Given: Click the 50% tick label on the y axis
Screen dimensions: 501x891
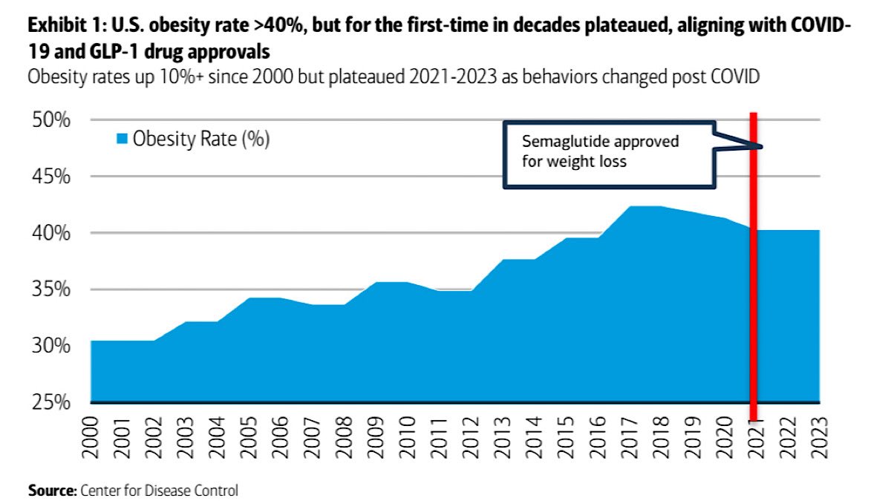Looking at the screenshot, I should (51, 120).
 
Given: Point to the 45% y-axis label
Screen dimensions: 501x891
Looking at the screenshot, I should (51, 177).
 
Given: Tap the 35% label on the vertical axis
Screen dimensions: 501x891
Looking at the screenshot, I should (51, 289).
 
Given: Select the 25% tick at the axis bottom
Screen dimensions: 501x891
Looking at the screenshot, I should (51, 402).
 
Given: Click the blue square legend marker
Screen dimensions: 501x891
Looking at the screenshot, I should (123, 139).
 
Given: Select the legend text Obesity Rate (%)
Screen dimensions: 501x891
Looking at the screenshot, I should (200, 139).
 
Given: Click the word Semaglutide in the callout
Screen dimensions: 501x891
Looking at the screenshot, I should (559, 142).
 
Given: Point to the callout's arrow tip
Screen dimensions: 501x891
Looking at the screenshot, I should (762, 145).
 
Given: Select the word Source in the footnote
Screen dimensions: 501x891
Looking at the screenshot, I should (49, 490).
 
